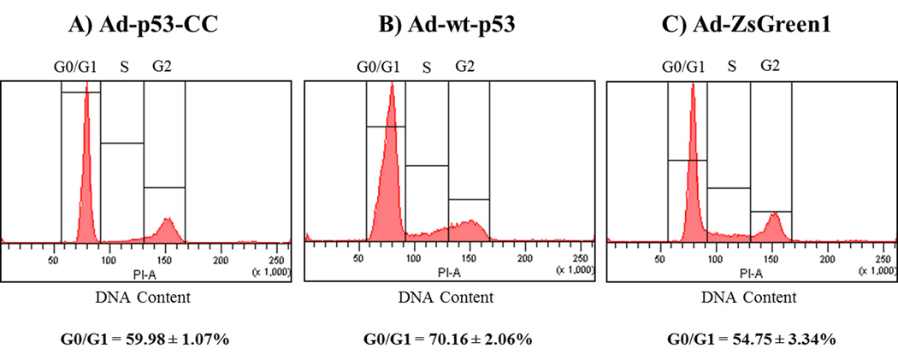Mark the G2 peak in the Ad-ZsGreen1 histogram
pos(773,225)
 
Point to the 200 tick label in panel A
pos(220,258)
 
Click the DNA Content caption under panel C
pos(749,298)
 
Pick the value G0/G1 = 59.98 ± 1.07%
pos(148,339)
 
